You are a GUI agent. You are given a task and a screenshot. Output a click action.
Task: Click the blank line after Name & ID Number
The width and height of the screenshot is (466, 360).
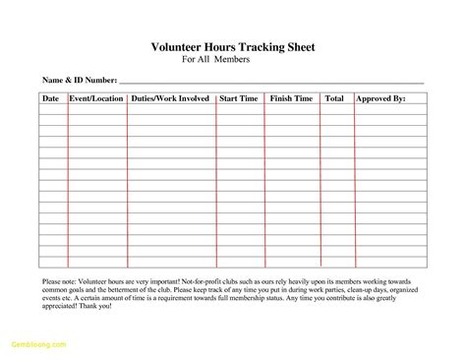(x=270, y=81)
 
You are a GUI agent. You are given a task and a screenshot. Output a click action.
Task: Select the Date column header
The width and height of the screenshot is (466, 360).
(x=50, y=98)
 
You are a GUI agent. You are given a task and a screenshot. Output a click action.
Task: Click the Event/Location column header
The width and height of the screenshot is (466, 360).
(x=96, y=98)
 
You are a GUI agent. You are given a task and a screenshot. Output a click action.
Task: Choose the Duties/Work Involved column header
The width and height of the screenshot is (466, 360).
(x=170, y=98)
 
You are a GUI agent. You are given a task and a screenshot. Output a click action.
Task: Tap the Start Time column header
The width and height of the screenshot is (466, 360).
(x=239, y=98)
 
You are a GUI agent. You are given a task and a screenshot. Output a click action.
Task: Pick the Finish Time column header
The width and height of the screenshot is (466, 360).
(x=291, y=98)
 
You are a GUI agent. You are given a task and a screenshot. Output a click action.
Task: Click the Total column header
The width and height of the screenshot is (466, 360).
(x=334, y=98)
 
